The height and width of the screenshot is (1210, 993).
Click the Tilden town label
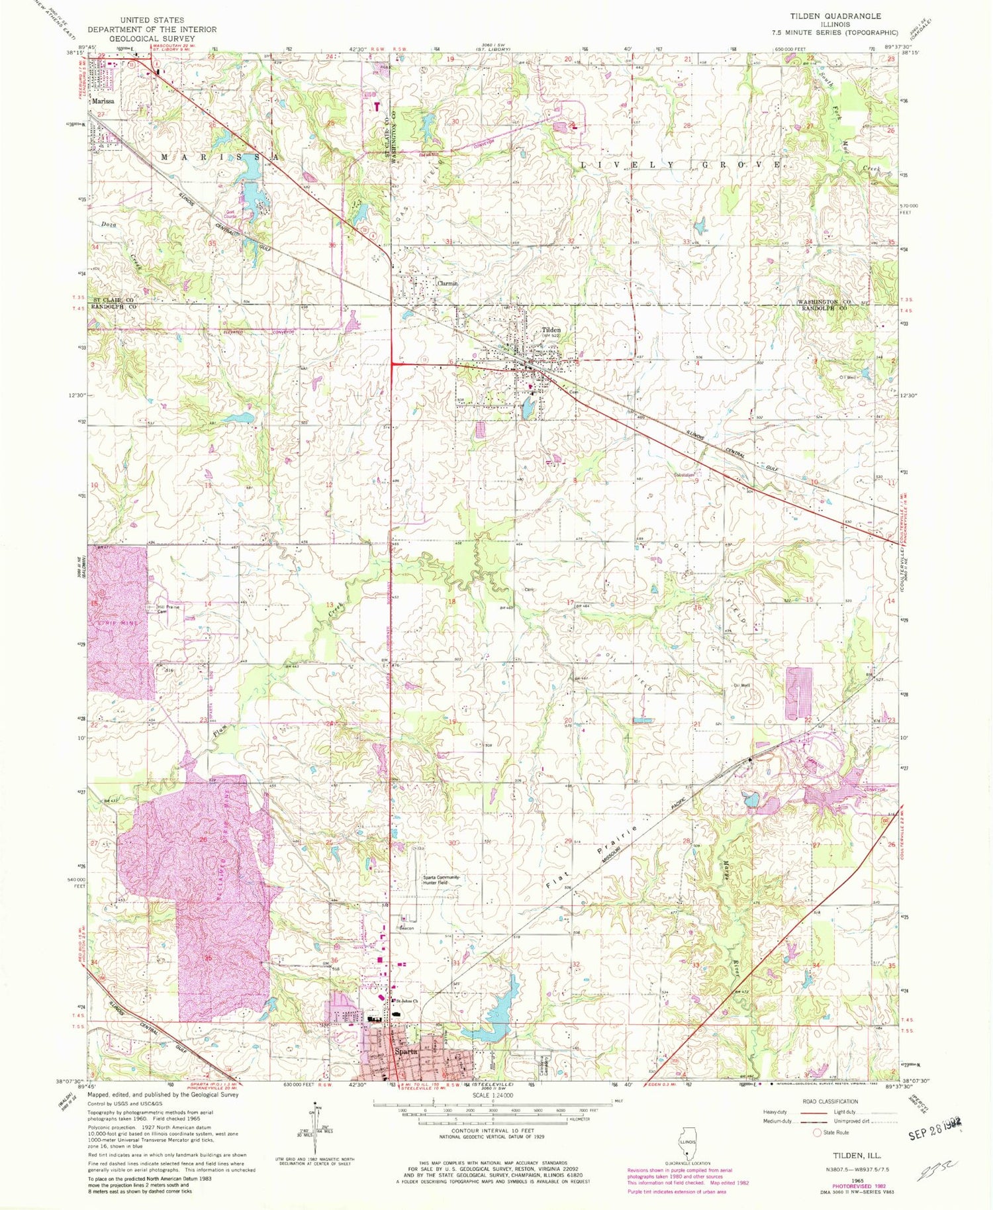pyautogui.click(x=551, y=329)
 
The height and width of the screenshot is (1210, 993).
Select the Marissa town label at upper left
pyautogui.click(x=103, y=101)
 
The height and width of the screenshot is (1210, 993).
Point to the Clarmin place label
pyautogui.click(x=447, y=283)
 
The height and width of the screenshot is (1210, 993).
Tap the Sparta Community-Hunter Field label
pyautogui.click(x=441, y=880)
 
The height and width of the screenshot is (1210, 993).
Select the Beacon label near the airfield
pyautogui.click(x=406, y=928)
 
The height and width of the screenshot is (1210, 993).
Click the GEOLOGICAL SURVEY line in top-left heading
pyautogui.click(x=152, y=38)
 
